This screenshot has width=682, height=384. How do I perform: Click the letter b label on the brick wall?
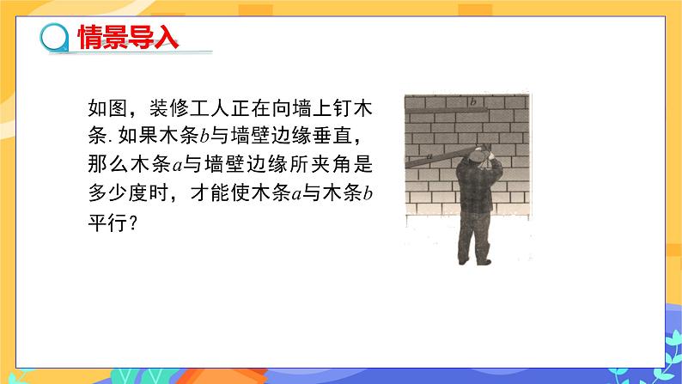point(472,102)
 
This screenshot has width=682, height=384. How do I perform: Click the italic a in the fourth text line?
point(294,193)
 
